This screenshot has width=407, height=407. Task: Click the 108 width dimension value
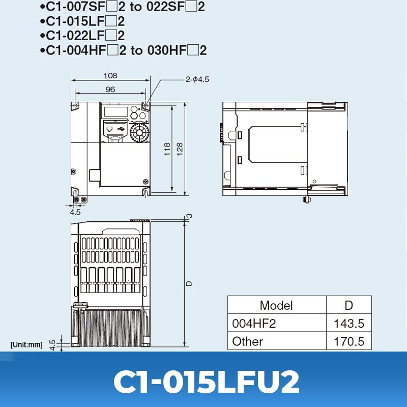click(110, 75)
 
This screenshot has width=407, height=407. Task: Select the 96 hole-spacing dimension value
click(110, 89)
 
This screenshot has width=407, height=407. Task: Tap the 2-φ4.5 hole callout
click(197, 79)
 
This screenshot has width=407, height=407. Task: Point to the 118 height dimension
click(167, 149)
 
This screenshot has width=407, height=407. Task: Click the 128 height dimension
click(180, 149)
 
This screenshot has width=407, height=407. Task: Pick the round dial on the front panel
click(137, 133)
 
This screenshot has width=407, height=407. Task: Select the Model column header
click(276, 305)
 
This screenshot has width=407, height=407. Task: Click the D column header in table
click(348, 305)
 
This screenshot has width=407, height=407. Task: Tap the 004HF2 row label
click(254, 324)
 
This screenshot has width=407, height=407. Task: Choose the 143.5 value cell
click(349, 324)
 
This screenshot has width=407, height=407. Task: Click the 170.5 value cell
click(349, 341)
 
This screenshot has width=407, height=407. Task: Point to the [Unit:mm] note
click(26, 345)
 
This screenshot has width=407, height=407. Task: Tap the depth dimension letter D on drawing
click(189, 282)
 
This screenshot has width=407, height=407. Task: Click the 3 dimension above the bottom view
click(190, 216)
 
